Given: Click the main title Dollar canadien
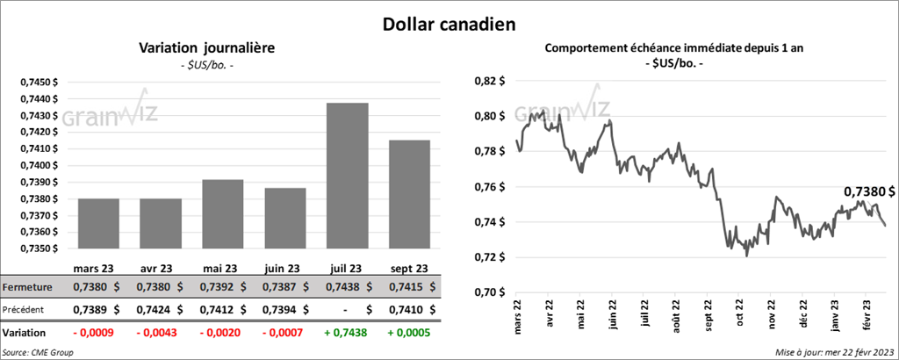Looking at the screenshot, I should coord(448,25).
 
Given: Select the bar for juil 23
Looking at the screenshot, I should coord(347,176).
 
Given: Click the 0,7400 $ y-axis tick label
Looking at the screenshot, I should coord(39,165).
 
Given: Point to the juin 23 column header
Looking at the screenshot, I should coord(283,269).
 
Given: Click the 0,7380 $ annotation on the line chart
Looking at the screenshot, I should coord(869,191).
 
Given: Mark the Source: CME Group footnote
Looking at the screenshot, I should coord(38,352).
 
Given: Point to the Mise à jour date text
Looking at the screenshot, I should coord(835,352).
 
